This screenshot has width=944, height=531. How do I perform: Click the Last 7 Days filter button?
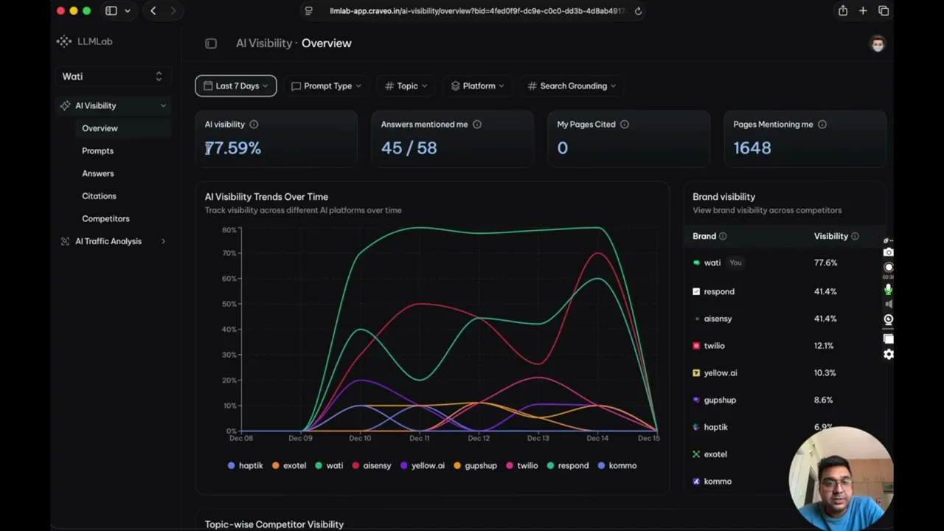pyautogui.click(x=236, y=86)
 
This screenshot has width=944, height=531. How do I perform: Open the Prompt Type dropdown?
pyautogui.click(x=327, y=86)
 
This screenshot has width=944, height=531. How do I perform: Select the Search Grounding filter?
pyautogui.click(x=572, y=86)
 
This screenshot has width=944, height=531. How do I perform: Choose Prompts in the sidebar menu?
pyautogui.click(x=97, y=151)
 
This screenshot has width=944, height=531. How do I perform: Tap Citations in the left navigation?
pyautogui.click(x=99, y=196)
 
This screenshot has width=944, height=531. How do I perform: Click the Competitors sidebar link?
pyautogui.click(x=105, y=219)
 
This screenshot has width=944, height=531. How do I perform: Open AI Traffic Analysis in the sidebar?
pyautogui.click(x=108, y=241)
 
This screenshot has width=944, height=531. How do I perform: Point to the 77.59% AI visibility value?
pyautogui.click(x=233, y=148)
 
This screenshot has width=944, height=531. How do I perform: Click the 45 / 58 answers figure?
pyautogui.click(x=409, y=148)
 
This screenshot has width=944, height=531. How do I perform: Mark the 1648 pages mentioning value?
pyautogui.click(x=752, y=148)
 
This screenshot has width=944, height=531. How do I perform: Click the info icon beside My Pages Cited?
pyautogui.click(x=625, y=125)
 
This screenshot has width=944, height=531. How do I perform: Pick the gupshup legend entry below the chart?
pyautogui.click(x=475, y=466)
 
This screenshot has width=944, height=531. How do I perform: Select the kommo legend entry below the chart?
pyautogui.click(x=617, y=466)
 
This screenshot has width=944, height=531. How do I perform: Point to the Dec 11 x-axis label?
pyautogui.click(x=419, y=439)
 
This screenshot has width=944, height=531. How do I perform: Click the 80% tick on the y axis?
pyautogui.click(x=229, y=230)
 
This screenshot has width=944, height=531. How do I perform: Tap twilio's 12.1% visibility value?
pyautogui.click(x=824, y=346)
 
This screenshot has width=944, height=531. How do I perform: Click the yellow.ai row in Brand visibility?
pyautogui.click(x=720, y=373)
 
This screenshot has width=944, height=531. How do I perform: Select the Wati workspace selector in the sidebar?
pyautogui.click(x=112, y=77)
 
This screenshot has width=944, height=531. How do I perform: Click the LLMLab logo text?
pyautogui.click(x=94, y=42)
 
